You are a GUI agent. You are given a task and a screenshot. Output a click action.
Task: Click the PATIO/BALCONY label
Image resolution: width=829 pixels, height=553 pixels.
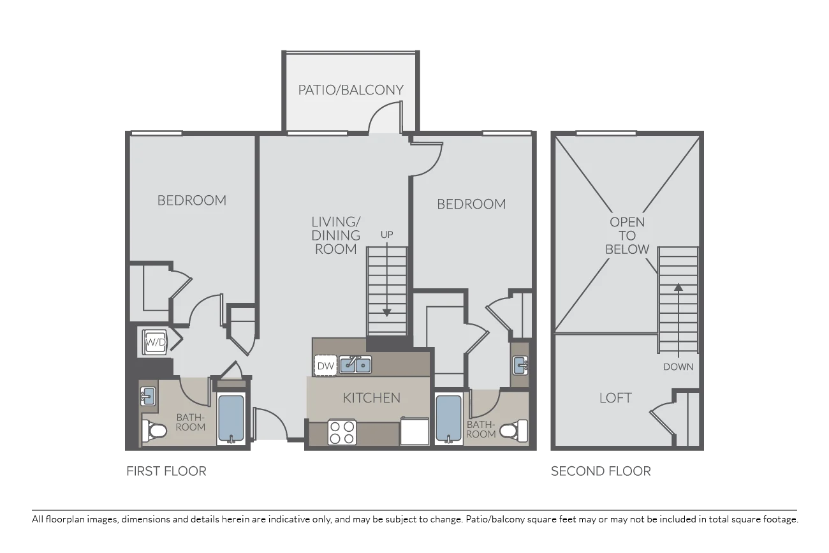(351, 90)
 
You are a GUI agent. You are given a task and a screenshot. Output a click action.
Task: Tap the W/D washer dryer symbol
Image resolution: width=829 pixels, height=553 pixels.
(156, 343)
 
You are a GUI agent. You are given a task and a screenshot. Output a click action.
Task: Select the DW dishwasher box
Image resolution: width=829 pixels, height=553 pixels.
(325, 365)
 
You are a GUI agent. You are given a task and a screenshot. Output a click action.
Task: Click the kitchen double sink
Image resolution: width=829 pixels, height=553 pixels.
(355, 365)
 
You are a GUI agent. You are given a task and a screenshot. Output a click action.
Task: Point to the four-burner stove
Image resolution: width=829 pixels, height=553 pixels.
(342, 432)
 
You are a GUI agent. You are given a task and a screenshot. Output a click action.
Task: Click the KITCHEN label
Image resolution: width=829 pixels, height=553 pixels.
(372, 398)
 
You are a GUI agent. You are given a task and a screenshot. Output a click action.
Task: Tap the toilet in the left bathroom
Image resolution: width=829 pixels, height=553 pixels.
(154, 431)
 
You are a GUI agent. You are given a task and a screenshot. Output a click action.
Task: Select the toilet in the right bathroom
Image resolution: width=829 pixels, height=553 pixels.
(514, 431)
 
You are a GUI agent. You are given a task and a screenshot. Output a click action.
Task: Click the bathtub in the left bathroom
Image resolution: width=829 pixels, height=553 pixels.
(231, 418)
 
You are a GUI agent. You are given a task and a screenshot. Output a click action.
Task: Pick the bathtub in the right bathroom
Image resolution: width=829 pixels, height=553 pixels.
(448, 418)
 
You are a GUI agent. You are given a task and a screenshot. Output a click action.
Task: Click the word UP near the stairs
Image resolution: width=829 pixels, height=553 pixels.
(386, 235)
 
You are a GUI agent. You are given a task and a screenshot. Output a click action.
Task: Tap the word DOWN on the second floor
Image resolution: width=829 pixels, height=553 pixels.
(678, 367)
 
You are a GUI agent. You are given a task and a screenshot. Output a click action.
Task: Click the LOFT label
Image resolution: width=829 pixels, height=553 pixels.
(615, 398)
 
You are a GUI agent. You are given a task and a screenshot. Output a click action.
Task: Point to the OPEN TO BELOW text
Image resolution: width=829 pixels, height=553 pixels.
(627, 235)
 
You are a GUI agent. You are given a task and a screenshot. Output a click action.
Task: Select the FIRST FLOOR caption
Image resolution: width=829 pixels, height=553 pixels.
(166, 471)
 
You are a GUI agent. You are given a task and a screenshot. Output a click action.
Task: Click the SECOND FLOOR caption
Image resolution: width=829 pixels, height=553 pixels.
(601, 471)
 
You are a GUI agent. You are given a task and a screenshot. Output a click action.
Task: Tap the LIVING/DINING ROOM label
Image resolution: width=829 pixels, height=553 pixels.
(335, 235)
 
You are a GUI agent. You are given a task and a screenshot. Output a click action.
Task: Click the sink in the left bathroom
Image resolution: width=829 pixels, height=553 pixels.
(148, 397)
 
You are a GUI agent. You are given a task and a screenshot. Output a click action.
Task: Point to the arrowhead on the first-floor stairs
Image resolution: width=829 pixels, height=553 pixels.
(386, 313)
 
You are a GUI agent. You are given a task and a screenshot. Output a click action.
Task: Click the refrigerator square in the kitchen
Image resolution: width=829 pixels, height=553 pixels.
(414, 431)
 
